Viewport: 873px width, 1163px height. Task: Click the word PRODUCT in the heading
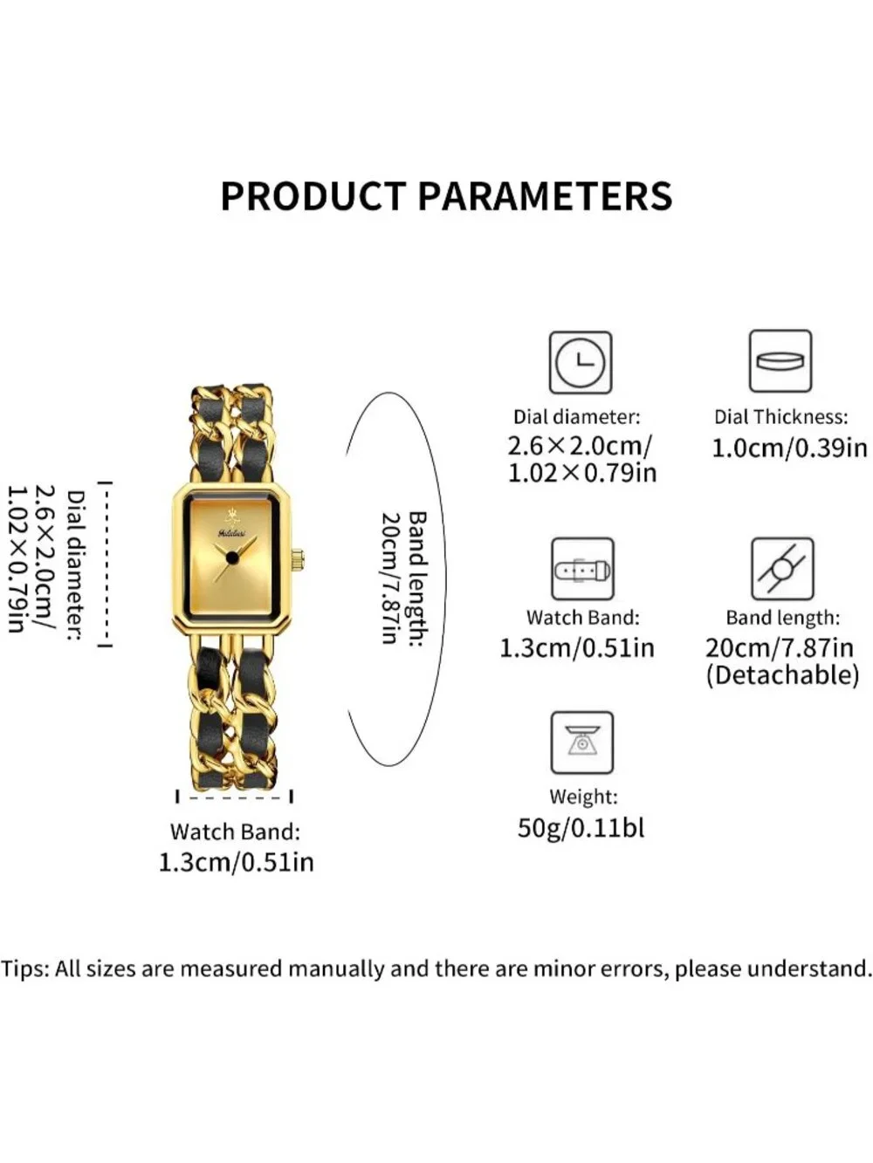313,196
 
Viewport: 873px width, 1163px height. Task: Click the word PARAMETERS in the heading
545,196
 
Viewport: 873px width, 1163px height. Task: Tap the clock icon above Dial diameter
581,362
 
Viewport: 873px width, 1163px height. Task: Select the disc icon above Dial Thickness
780,361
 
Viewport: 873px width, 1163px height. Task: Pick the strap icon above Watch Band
582,569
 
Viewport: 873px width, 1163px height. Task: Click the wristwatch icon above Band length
782,569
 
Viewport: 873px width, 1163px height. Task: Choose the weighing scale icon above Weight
582,742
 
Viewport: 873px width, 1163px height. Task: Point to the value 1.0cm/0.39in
788,448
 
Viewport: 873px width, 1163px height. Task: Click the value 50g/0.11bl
581,828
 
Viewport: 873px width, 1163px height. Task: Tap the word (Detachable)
782,675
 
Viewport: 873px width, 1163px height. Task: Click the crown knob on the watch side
299,559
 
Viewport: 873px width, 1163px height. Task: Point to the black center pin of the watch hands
231,557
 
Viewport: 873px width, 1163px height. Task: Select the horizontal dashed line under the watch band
234,797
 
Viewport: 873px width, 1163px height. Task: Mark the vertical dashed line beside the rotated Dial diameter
106,564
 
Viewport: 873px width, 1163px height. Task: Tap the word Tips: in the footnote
25,969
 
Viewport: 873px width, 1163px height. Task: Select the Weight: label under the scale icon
583,797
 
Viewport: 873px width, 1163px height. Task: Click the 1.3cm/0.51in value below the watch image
237,863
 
